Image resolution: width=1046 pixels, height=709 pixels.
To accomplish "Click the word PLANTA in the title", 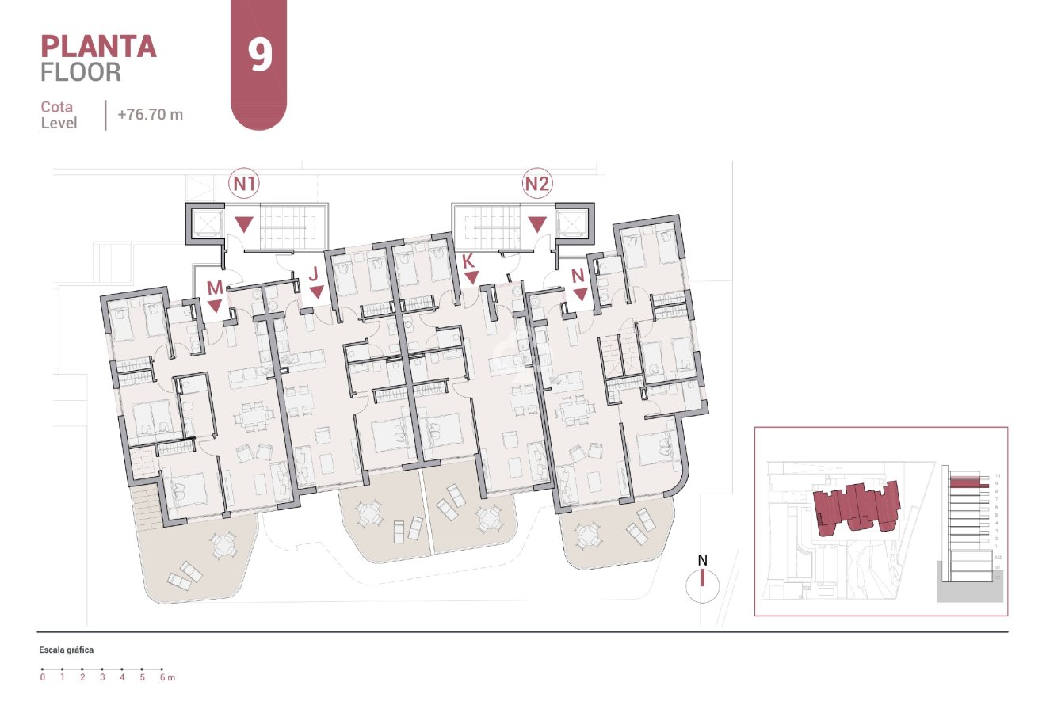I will (x=98, y=46).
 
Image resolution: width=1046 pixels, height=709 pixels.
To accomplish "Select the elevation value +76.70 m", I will (x=150, y=114).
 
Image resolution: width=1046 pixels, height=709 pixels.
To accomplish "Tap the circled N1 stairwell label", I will (x=244, y=185).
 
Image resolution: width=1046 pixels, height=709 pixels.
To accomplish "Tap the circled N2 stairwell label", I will (x=537, y=185).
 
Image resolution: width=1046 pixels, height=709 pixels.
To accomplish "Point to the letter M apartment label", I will (x=215, y=288).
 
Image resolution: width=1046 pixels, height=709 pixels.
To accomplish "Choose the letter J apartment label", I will (x=315, y=274).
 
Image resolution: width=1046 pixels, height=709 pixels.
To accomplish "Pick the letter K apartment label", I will (x=468, y=261).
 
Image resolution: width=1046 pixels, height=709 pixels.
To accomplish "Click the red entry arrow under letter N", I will (x=580, y=295).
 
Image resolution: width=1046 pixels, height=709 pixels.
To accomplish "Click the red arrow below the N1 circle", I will (x=244, y=224).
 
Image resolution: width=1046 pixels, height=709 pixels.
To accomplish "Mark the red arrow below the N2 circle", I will (x=538, y=224).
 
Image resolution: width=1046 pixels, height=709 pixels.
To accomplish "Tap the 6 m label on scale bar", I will (x=166, y=677).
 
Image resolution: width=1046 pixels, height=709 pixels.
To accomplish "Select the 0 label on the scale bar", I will (x=43, y=677).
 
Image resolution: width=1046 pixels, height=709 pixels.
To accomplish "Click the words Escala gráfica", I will (x=67, y=650).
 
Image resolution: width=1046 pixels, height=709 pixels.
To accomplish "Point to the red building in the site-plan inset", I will (x=856, y=507).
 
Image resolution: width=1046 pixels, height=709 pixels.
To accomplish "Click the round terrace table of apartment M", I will (x=223, y=544).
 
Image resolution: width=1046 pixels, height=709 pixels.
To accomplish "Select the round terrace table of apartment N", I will (x=588, y=535).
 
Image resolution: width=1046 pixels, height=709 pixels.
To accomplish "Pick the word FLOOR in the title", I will (x=81, y=72).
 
